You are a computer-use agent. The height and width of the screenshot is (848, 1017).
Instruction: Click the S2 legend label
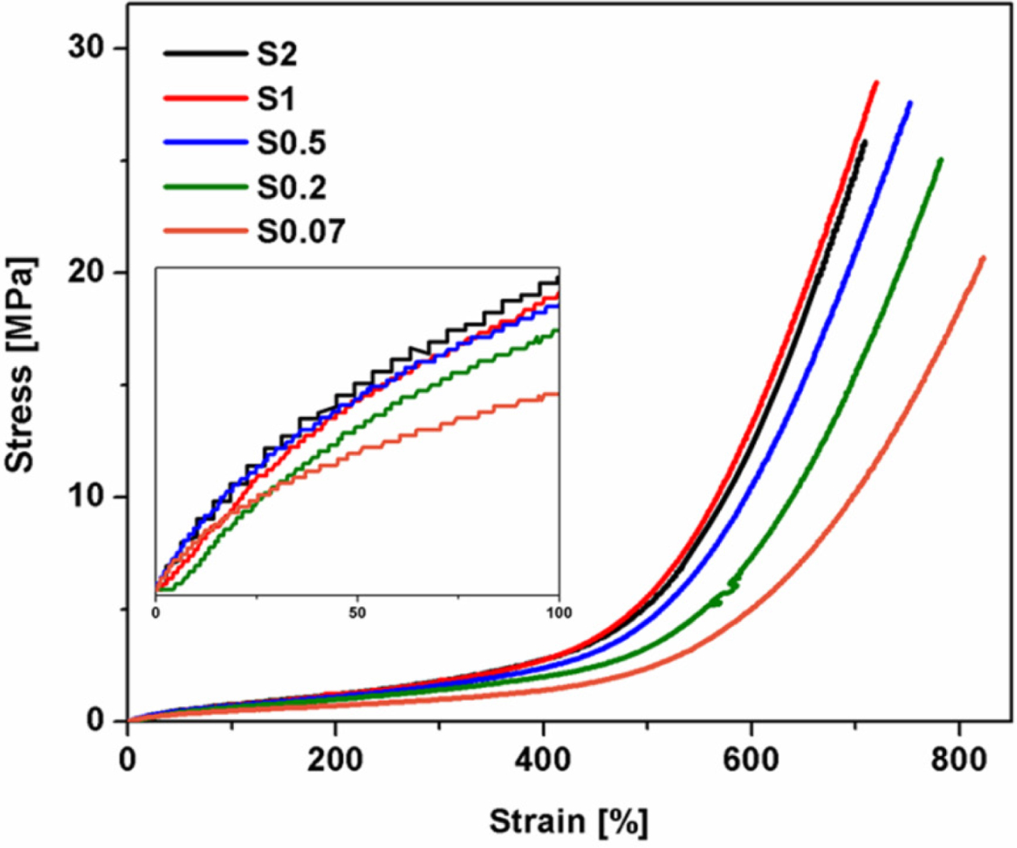click(x=277, y=54)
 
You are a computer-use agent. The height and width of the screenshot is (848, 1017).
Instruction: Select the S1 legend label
click(x=276, y=98)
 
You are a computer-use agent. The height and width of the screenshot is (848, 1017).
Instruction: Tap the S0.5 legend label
click(x=291, y=143)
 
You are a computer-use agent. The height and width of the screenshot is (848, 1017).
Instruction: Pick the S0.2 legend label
click(x=291, y=187)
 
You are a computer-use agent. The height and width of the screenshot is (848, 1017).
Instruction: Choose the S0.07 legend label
click(x=301, y=232)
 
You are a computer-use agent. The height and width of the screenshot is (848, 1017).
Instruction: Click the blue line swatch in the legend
click(x=205, y=142)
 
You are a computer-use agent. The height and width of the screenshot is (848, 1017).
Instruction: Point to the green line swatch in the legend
click(x=205, y=186)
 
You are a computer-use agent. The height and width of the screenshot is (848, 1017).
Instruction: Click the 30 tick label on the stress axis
click(x=86, y=48)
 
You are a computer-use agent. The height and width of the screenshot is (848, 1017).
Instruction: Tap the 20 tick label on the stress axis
click(x=86, y=272)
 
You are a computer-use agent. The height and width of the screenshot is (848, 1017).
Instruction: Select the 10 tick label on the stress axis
click(x=86, y=495)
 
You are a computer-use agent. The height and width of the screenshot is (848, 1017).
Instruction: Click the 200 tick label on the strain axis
click(x=335, y=759)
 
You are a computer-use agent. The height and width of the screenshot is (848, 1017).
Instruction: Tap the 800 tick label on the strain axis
click(x=959, y=759)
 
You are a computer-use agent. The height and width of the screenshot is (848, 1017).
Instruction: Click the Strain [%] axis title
click(x=568, y=822)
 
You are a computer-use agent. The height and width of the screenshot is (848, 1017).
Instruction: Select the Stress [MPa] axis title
click(x=21, y=364)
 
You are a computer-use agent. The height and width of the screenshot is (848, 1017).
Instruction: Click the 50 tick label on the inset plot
click(x=357, y=612)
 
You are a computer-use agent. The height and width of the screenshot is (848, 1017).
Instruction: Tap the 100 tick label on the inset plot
click(x=559, y=612)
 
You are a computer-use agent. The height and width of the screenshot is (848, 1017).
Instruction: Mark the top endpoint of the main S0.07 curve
click(x=983, y=258)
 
